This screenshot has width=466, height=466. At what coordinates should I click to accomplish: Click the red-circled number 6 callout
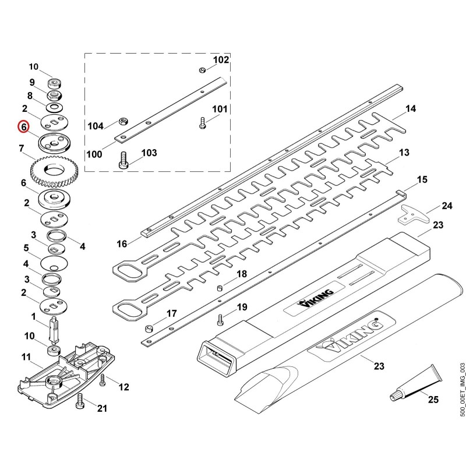[x=23, y=126]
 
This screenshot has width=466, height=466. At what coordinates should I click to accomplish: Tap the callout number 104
[x=96, y=126]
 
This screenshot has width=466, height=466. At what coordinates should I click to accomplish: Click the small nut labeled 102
[x=202, y=70]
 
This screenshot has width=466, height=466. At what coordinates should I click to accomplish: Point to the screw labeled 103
[x=123, y=160]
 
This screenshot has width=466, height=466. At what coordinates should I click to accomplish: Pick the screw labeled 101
[x=202, y=123]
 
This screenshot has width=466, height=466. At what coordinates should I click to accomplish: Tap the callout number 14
[x=411, y=109]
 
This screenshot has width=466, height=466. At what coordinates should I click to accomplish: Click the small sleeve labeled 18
[x=220, y=288]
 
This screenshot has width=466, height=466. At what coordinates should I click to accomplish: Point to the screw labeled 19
[x=220, y=319]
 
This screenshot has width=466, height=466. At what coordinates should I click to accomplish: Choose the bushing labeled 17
[x=149, y=329]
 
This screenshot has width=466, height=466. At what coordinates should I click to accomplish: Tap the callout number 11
[x=26, y=357]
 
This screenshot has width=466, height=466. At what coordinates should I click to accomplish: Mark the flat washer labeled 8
[x=54, y=106]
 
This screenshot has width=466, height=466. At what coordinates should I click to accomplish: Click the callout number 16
[x=122, y=244]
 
